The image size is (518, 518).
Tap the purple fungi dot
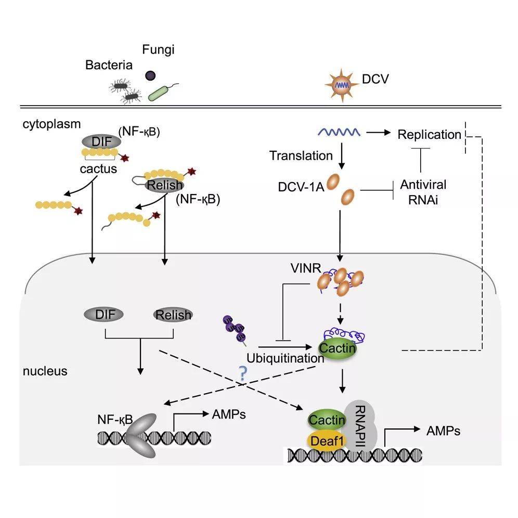click(x=150, y=76)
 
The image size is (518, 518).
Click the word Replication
click(x=429, y=135)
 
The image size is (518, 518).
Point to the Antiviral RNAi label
click(x=424, y=191)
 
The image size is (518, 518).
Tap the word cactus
click(x=98, y=169)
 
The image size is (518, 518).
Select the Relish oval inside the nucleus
click(x=173, y=315)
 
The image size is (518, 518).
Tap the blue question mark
click(x=242, y=372)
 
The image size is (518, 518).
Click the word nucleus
click(x=45, y=371)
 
